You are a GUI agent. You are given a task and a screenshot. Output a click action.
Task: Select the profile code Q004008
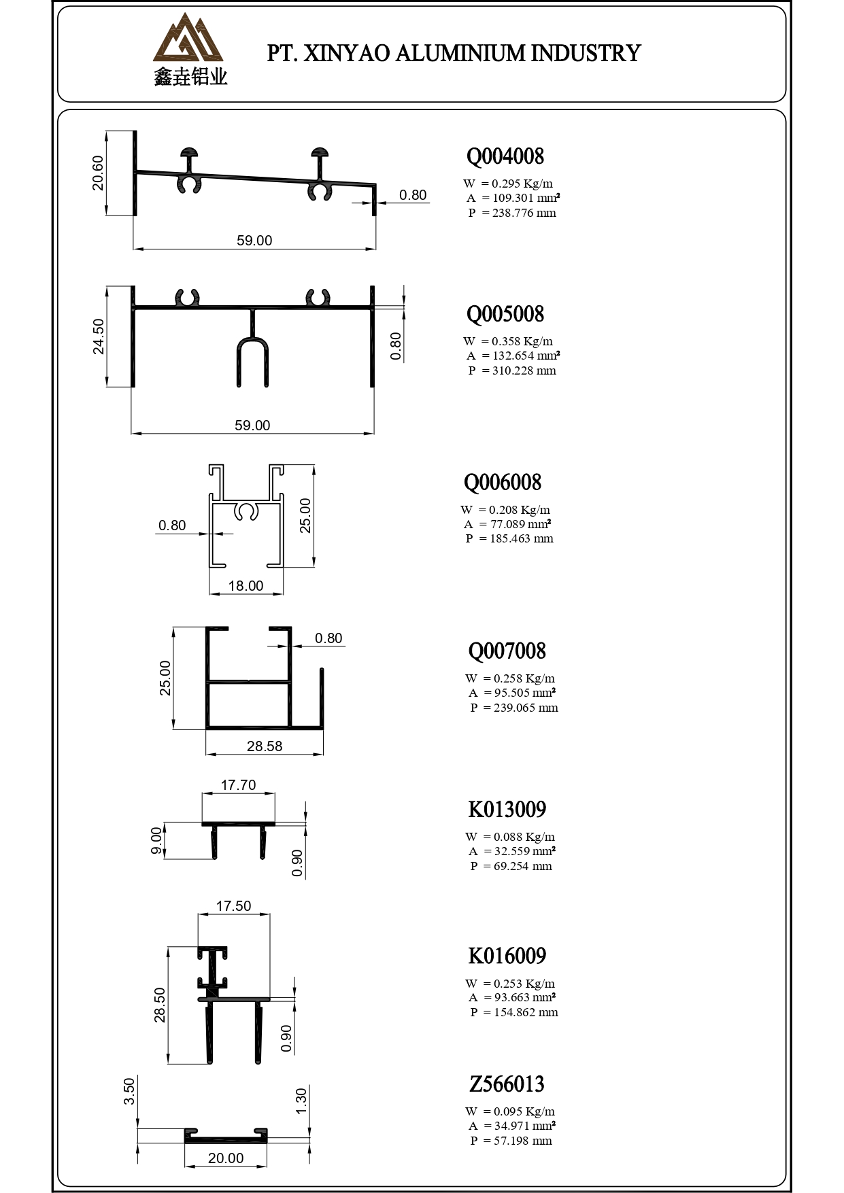505,156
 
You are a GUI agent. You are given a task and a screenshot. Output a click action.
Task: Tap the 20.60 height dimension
98,173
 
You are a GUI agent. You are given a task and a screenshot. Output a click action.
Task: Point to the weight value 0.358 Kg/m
522,341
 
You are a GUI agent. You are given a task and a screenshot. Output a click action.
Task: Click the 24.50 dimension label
99,336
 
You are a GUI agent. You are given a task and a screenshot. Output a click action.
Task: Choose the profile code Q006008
502,483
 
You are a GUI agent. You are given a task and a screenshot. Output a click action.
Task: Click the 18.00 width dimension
246,586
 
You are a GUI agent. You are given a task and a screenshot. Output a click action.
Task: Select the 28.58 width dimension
265,746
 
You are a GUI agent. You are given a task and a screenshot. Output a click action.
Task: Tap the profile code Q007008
507,651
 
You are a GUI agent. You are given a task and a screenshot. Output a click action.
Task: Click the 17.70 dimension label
238,785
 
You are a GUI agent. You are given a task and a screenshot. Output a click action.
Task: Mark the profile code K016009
507,956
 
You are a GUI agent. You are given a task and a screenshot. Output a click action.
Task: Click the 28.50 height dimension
160,1005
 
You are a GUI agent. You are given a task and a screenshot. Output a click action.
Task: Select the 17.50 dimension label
233,906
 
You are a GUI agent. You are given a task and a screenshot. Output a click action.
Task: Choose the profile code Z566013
507,1084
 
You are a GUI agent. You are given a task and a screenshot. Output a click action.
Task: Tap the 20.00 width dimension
226,1158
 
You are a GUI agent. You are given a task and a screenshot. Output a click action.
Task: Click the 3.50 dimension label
129,1090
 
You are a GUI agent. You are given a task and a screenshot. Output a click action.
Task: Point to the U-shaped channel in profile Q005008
252,360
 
